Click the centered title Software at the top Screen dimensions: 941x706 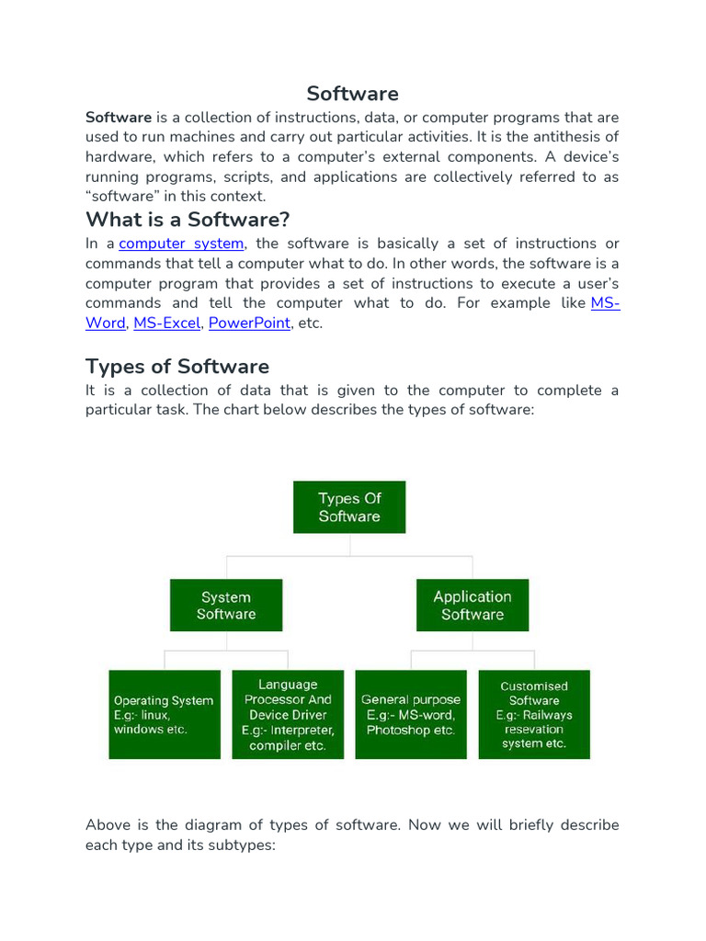point(352,94)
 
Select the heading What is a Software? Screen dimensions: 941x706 point(188,220)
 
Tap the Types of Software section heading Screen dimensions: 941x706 point(177,367)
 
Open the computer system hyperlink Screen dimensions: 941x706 point(181,244)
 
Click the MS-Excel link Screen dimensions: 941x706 point(166,323)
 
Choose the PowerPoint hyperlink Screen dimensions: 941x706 point(249,323)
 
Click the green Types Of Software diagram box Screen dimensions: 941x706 point(349,507)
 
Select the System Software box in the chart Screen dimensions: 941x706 point(226,605)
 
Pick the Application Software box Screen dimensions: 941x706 point(473,605)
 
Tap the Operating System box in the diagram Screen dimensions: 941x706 point(165,714)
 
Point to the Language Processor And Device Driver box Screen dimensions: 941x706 point(288,714)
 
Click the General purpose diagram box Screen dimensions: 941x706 point(411,714)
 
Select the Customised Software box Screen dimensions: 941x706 point(534,714)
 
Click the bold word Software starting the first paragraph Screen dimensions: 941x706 point(119,118)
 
